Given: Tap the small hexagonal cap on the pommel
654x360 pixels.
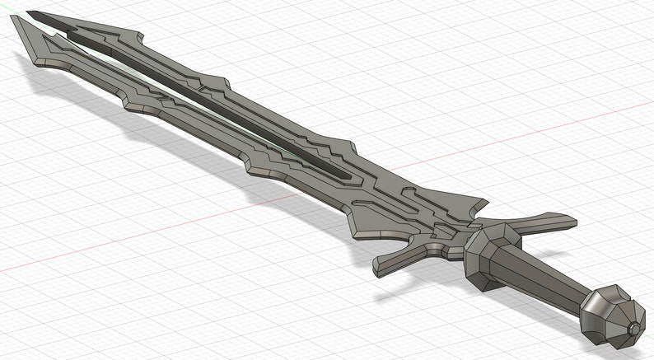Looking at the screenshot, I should [x=635, y=329].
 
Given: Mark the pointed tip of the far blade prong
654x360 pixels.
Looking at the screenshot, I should [x=30, y=14].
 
